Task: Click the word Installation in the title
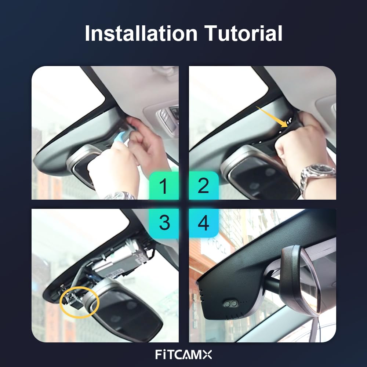point(141,33)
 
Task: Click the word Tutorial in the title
point(243,33)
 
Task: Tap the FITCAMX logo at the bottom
point(183,355)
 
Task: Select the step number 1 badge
point(164,185)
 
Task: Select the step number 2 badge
point(204,185)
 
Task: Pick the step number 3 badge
point(164,223)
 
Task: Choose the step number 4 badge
point(204,223)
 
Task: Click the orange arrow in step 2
point(272,116)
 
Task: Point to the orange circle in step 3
point(79,302)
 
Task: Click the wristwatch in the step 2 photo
point(317,175)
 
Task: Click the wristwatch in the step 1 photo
point(119,196)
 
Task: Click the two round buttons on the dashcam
point(230,304)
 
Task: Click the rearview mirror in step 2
point(260,173)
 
